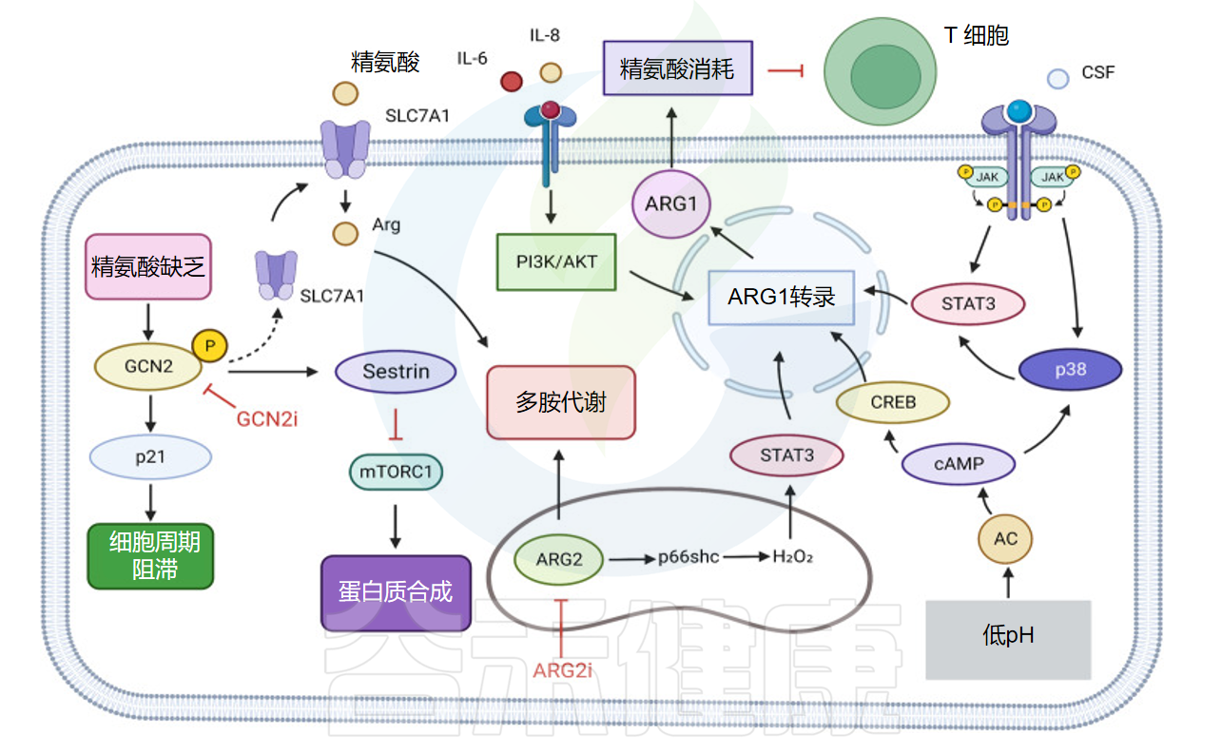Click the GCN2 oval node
[x=148, y=367]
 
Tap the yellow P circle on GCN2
[x=209, y=346]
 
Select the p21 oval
[x=150, y=457]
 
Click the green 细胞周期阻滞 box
[x=150, y=556]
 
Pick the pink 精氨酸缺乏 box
[x=148, y=267]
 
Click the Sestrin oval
[x=396, y=372]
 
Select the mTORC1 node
[x=396, y=472]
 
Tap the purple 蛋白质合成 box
[x=396, y=593]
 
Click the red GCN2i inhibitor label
[x=267, y=419]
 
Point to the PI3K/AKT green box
[x=556, y=261]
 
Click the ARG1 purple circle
[x=671, y=204]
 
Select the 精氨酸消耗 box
[x=677, y=68]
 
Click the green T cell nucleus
[x=885, y=77]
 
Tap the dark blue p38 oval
[x=1071, y=370]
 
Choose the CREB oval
[x=893, y=402]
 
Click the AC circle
[x=1005, y=539]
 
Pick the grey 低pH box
[x=1008, y=640]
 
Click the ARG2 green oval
[x=558, y=559]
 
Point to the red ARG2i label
[x=562, y=670]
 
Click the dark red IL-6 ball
[x=512, y=81]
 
